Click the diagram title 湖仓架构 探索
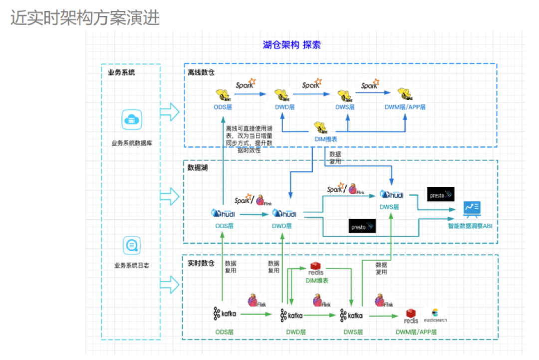291,45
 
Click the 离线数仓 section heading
201,73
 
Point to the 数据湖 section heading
198,168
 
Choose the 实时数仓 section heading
201,263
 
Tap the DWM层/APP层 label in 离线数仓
405,107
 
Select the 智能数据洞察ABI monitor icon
470,208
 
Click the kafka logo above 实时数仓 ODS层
225,315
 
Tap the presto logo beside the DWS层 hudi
441,194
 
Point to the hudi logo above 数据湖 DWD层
284,213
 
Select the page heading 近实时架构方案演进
85,18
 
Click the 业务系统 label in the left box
121,72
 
